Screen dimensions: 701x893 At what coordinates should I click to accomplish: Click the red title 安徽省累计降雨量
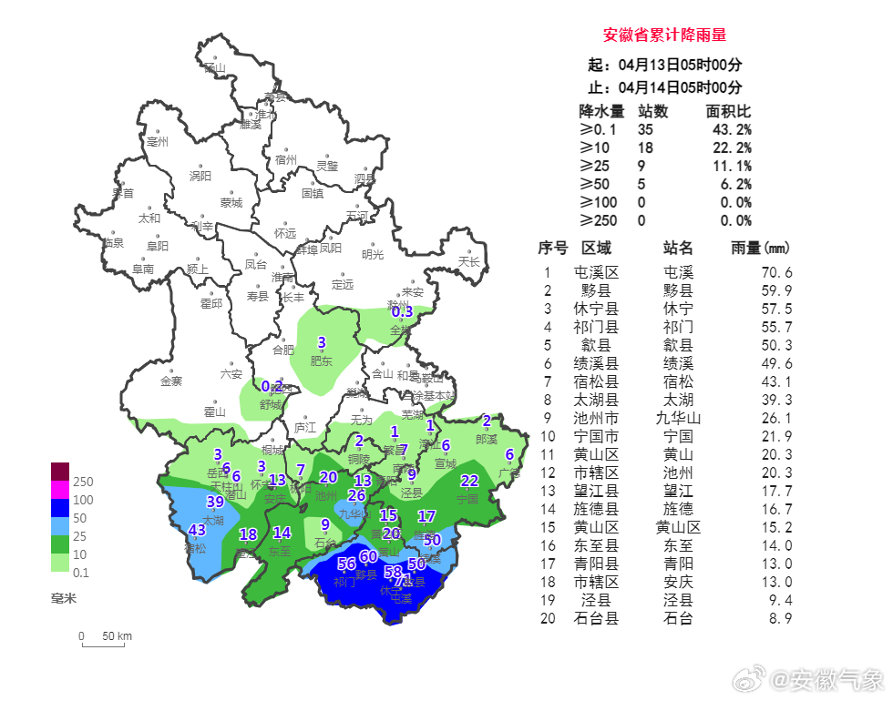point(664,36)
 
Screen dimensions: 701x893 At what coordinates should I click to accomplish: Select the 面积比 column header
point(728,111)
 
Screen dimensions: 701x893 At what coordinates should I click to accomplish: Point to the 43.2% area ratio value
point(735,130)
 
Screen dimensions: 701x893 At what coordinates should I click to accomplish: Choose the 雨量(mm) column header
point(761,249)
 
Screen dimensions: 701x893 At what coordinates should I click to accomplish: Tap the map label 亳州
point(158,142)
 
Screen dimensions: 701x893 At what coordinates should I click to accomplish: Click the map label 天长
point(469,261)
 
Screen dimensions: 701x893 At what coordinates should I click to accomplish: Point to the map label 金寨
point(171,381)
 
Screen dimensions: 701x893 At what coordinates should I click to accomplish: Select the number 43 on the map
point(197,530)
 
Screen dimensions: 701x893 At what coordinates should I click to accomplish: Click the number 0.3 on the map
point(402,311)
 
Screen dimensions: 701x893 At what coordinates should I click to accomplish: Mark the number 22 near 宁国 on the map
point(469,481)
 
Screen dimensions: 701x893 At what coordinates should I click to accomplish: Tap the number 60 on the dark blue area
point(368,556)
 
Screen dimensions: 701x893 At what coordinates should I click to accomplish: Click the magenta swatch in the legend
point(59,489)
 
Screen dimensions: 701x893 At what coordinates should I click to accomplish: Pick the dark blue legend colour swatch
point(59,508)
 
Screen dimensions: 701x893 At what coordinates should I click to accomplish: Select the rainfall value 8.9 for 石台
point(780,618)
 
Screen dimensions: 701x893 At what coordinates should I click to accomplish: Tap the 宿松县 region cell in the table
point(596,381)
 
